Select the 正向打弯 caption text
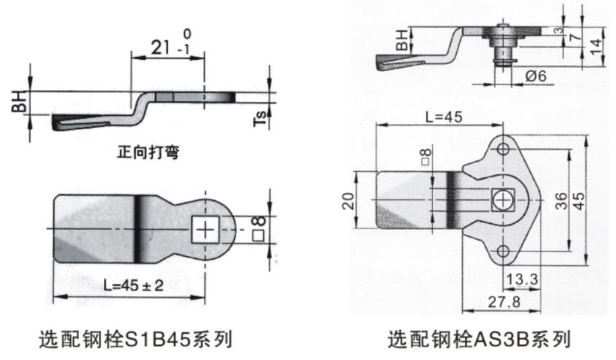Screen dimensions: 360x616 pos(148,153)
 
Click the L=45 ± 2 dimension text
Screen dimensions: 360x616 pos(134,285)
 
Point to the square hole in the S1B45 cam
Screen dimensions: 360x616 pos(205,231)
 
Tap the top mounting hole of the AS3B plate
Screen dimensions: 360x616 pos(503,148)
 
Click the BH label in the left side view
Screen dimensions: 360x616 pos(22,102)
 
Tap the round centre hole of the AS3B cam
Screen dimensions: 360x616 pos(503,200)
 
